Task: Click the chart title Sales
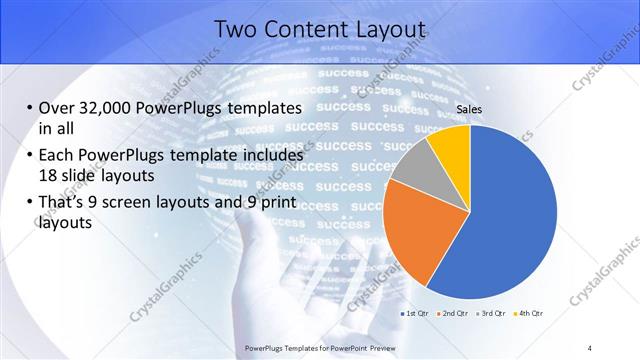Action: (x=470, y=109)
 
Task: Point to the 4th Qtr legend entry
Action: (x=530, y=313)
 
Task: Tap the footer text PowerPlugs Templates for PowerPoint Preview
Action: (x=320, y=347)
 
